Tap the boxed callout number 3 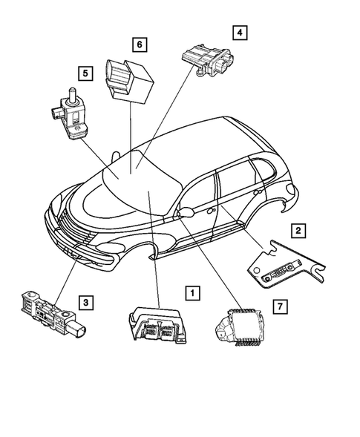coord(87,301)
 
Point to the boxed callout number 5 coord(86,73)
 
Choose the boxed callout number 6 coord(139,45)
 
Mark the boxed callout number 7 coord(278,306)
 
